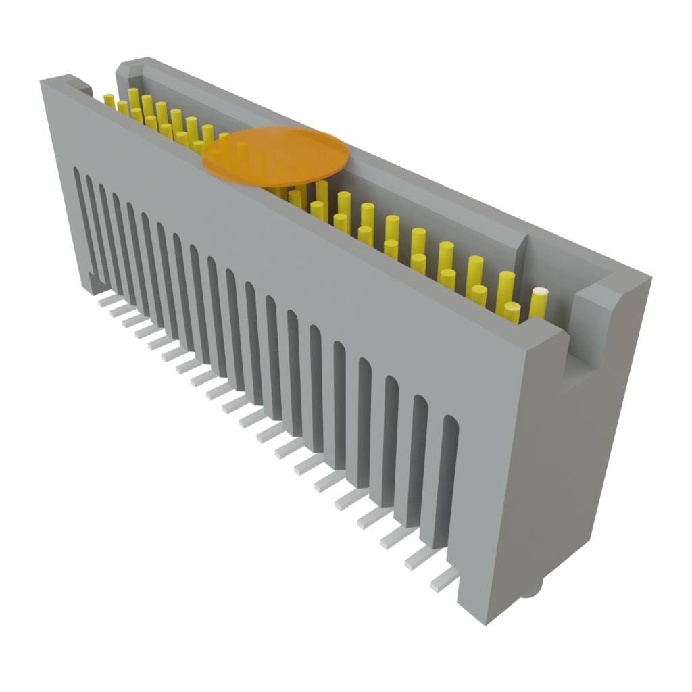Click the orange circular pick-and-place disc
tap(276, 155)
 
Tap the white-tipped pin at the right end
tap(539, 302)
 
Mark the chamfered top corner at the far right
tap(632, 284)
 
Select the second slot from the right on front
tap(419, 460)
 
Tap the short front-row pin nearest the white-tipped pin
tap(512, 312)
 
